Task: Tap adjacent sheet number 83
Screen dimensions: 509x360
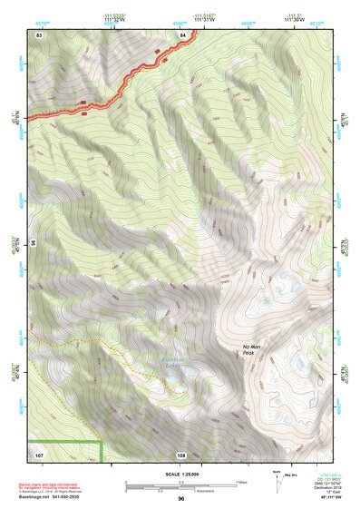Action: pyautogui.click(x=40, y=34)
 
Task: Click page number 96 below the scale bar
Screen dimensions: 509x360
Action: pyautogui.click(x=181, y=498)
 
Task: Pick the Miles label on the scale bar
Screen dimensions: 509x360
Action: pyautogui.click(x=241, y=481)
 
